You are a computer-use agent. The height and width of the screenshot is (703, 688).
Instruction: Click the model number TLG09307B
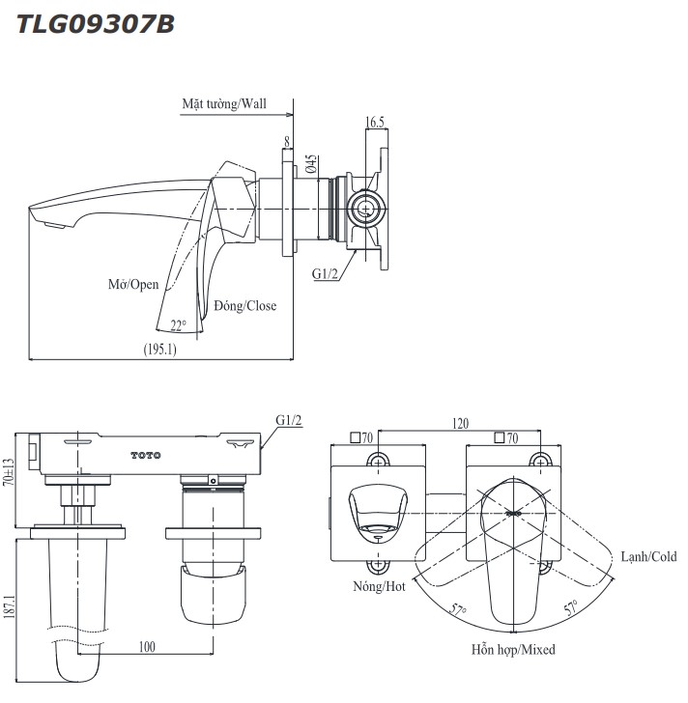point(96,23)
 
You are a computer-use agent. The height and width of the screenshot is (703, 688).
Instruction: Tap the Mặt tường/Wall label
point(223,103)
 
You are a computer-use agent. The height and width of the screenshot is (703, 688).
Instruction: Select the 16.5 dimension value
point(375,122)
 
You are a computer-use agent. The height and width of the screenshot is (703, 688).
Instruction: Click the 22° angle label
point(178,325)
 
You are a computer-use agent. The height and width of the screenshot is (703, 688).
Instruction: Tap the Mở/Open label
point(133,286)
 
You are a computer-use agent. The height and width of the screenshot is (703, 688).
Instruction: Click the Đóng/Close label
point(244,306)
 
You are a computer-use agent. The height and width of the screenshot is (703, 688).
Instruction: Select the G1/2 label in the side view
point(326,274)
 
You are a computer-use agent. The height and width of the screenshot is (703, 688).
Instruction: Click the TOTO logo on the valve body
point(146,454)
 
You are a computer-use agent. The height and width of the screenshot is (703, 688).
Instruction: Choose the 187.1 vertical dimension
point(9,611)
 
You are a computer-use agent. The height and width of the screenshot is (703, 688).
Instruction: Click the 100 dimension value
point(145,646)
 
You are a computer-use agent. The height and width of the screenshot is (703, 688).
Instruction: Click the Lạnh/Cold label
point(648,557)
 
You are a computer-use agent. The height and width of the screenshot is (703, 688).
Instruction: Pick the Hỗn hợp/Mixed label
point(513,650)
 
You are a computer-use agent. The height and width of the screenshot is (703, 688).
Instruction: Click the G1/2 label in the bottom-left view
point(289,421)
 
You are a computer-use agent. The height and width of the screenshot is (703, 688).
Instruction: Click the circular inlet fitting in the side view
point(365,207)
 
